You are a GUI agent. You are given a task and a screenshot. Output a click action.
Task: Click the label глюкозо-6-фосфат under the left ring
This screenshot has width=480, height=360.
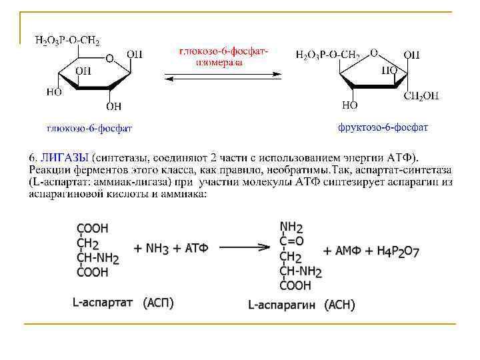89,127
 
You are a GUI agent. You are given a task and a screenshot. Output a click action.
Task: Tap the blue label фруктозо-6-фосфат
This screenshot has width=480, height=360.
383,127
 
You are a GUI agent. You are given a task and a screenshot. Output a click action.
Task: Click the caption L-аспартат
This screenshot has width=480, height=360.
103,303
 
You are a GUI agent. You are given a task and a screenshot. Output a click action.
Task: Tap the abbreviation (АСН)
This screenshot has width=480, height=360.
339,305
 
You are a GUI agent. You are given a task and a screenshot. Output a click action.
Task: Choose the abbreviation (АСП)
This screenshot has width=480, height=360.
158,303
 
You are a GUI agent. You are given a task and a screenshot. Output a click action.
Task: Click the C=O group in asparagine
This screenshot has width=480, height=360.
291,241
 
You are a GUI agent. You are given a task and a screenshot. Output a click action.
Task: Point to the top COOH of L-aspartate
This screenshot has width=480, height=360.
93,227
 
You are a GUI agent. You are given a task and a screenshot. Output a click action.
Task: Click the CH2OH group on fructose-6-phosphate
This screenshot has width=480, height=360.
421,96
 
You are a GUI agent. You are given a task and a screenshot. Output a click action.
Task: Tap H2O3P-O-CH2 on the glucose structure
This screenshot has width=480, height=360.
67,41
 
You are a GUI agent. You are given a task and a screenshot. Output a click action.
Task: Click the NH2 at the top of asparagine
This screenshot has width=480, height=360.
291,227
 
